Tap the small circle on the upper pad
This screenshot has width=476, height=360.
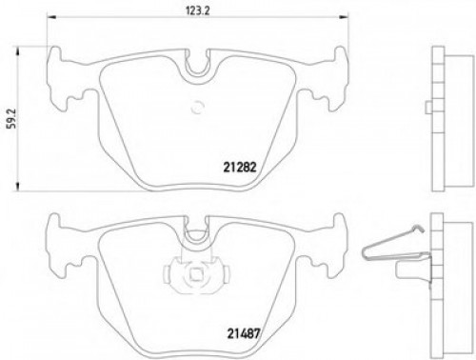coord(199,108)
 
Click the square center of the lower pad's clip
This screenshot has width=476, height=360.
coord(193,280)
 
